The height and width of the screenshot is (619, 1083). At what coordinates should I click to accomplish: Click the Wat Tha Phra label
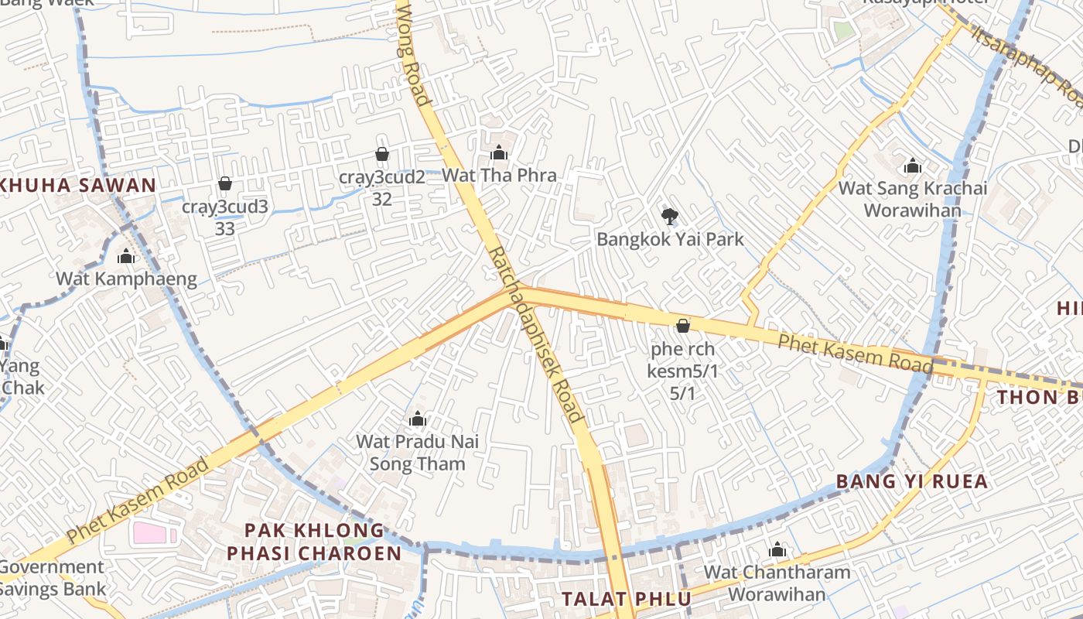pyautogui.click(x=499, y=176)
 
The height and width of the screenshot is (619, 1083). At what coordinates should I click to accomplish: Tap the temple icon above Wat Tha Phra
pyautogui.click(x=499, y=153)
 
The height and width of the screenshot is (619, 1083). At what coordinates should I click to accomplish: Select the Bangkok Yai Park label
pyautogui.click(x=670, y=239)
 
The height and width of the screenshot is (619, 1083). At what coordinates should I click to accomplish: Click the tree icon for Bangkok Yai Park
pyautogui.click(x=669, y=216)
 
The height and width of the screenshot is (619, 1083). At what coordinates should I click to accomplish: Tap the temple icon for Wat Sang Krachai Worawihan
pyautogui.click(x=913, y=166)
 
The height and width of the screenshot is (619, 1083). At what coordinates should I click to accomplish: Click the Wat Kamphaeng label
pyautogui.click(x=126, y=279)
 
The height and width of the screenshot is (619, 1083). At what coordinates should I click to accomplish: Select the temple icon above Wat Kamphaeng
pyautogui.click(x=126, y=257)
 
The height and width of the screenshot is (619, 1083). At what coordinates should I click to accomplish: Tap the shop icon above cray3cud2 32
pyautogui.click(x=381, y=155)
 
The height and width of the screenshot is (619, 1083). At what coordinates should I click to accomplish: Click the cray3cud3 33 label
pyautogui.click(x=225, y=217)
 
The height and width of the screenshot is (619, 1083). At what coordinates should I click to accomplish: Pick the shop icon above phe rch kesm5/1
pyautogui.click(x=682, y=327)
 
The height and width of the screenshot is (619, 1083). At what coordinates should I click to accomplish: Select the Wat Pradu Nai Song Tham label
pyautogui.click(x=418, y=453)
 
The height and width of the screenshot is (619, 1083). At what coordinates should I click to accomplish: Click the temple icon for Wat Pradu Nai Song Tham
pyautogui.click(x=418, y=419)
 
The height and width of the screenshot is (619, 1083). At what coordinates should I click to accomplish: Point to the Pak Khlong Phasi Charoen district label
pyautogui.click(x=313, y=542)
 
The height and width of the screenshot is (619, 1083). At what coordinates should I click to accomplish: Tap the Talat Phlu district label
pyautogui.click(x=627, y=599)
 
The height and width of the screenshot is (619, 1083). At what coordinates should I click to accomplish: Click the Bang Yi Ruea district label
pyautogui.click(x=912, y=481)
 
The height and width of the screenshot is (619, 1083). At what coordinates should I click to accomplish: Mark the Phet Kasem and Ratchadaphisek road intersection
pyautogui.click(x=520, y=292)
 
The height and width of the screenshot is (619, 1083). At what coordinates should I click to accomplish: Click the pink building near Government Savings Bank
pyautogui.click(x=150, y=533)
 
